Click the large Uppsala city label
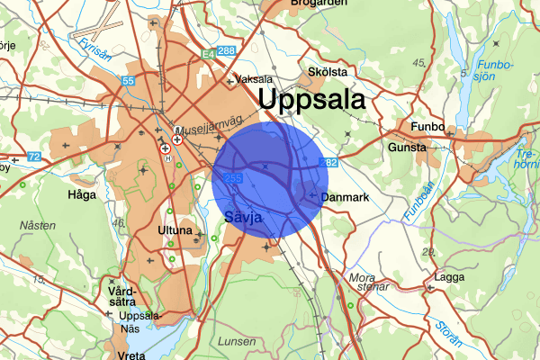tap(310, 99)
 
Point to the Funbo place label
tap(427, 127)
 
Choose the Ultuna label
tap(175, 230)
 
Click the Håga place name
tap(80, 193)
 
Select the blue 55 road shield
tap(129, 81)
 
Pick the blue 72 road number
tap(33, 157)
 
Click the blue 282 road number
tap(329, 163)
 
